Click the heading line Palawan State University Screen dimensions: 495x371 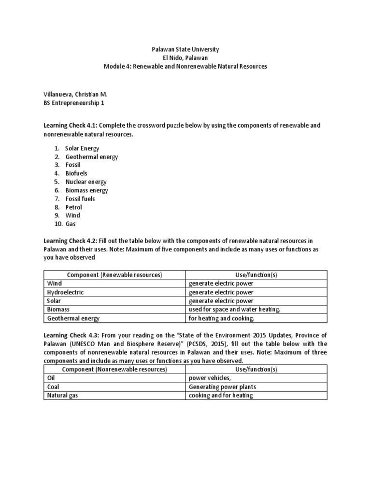tap(185, 49)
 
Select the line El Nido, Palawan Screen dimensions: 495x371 tap(185, 58)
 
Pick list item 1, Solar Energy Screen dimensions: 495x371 tap(83, 148)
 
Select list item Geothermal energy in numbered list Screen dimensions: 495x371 tap(92, 157)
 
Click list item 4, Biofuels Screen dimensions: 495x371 tap(76, 174)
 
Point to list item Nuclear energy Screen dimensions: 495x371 tap(86, 182)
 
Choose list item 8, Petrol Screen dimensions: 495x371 tap(74, 207)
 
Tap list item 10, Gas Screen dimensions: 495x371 tap(71, 224)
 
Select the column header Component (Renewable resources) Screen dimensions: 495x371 tap(114, 275)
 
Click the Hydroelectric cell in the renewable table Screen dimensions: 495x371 tap(65, 292)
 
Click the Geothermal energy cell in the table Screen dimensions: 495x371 tap(73, 318)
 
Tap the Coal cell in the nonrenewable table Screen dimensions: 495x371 tap(53, 387)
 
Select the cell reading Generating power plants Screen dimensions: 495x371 tap(222, 387)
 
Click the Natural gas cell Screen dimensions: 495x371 tap(62, 395)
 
